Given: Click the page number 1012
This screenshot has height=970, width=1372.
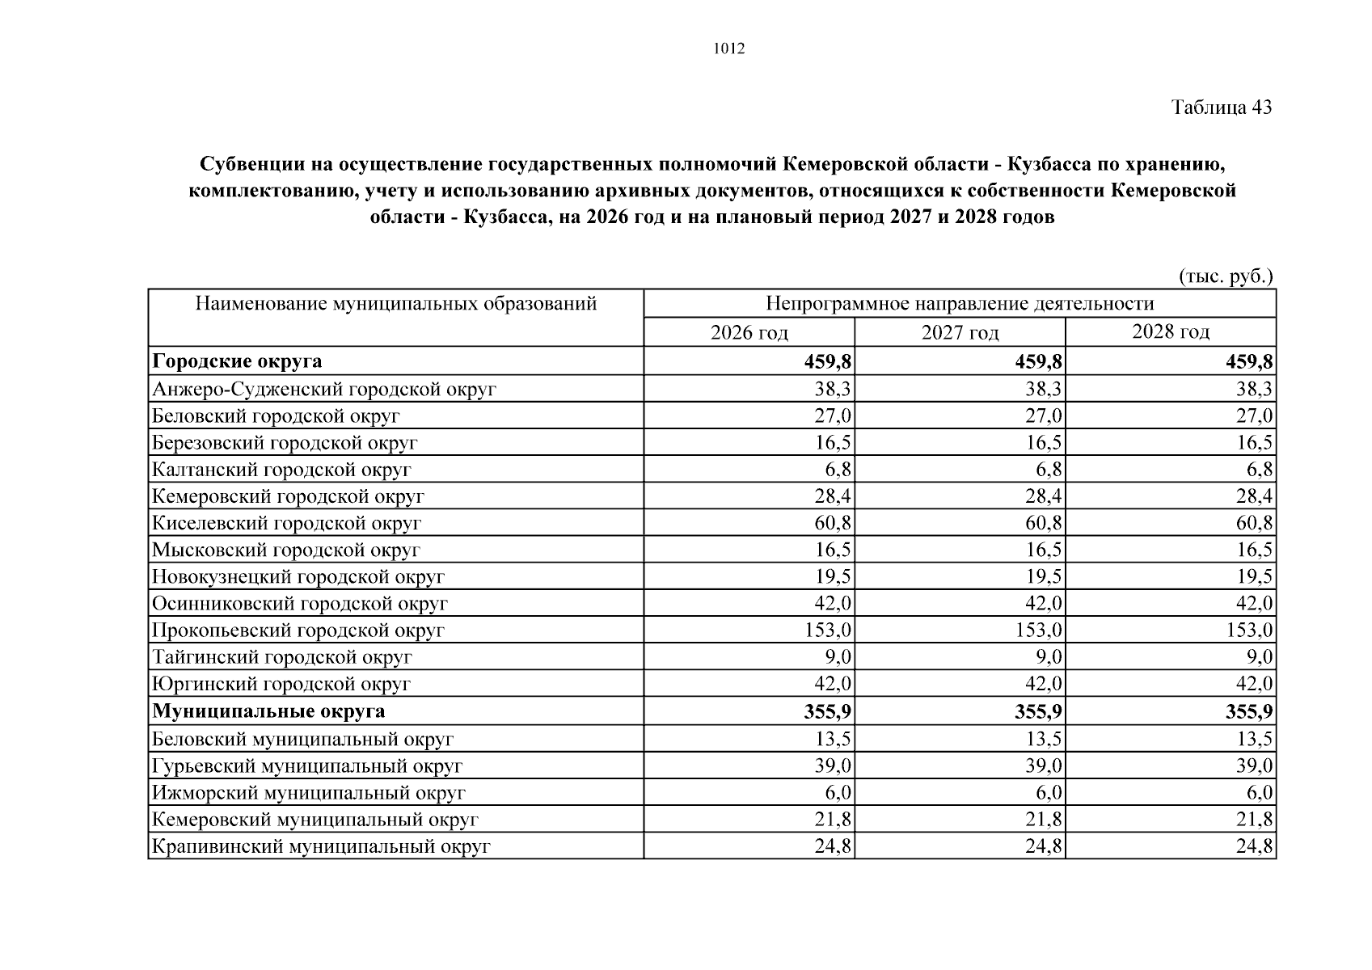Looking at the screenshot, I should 728,48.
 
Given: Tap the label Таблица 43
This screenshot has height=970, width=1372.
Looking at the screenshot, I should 1222,108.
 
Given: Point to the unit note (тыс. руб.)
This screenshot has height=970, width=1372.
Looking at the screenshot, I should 1226,276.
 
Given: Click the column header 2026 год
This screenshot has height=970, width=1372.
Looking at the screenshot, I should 749,333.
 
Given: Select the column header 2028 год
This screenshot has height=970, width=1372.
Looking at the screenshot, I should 1170,332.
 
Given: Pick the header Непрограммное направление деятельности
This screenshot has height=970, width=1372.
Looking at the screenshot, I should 959,304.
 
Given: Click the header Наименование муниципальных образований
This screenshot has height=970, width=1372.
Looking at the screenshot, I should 395,304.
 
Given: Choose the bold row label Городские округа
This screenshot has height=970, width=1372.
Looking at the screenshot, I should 237,361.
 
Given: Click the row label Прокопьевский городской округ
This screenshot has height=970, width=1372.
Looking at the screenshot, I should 298,630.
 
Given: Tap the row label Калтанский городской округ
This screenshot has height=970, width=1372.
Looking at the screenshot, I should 281,470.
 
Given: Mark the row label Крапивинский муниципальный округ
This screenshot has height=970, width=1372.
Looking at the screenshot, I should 321,846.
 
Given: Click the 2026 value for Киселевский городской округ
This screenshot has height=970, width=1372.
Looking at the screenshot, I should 833,523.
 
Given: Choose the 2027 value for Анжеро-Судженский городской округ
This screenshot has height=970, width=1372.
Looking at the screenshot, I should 1044,390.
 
